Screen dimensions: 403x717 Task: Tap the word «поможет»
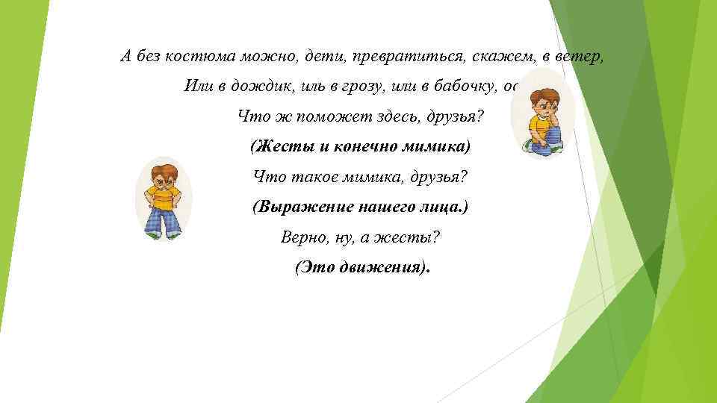(x=322, y=116)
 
